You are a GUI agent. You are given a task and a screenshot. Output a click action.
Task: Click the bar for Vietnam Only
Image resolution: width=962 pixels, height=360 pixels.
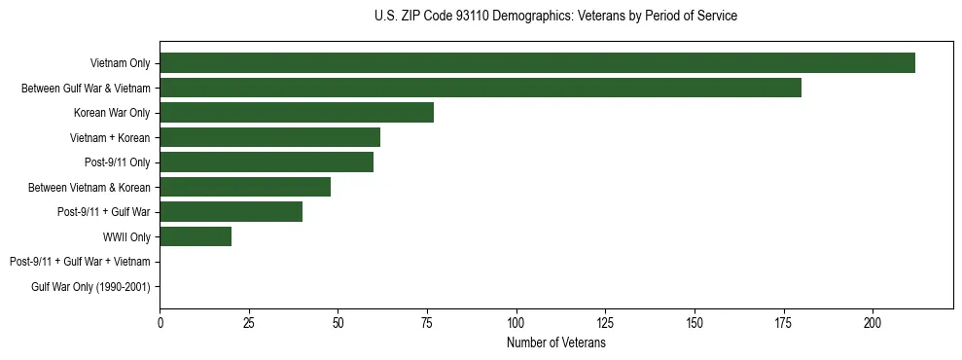[x=537, y=63]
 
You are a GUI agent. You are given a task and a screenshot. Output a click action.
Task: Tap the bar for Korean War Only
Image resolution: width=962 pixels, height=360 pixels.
[x=297, y=113]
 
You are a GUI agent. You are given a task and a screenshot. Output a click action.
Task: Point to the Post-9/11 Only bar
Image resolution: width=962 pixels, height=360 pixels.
[x=267, y=162]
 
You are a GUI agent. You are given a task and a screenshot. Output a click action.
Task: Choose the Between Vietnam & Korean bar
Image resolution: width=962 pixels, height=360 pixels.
[x=245, y=187]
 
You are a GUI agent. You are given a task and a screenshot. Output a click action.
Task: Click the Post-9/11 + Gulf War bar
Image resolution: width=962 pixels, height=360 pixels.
[x=231, y=211]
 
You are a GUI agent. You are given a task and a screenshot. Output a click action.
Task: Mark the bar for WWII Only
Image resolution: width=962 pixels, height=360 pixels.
[x=196, y=236]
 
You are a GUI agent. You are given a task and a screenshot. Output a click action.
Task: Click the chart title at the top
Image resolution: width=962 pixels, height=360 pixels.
[x=555, y=17]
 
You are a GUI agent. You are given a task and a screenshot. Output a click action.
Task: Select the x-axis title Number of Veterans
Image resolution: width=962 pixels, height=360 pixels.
[x=555, y=343]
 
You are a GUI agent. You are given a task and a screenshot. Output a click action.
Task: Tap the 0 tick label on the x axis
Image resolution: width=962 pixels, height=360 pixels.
[x=160, y=322]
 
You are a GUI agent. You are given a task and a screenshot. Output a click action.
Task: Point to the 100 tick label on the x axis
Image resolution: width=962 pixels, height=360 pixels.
[x=517, y=322]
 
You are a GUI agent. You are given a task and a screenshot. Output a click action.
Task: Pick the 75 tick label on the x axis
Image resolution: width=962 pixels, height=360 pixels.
[x=427, y=322]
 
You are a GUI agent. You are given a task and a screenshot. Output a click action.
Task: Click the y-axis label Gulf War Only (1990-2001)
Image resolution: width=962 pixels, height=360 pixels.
[x=90, y=286]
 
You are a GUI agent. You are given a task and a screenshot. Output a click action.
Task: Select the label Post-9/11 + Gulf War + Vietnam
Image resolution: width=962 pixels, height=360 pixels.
[x=80, y=262]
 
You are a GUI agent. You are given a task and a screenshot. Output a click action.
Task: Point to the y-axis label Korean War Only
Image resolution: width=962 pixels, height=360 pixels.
[x=112, y=113]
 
